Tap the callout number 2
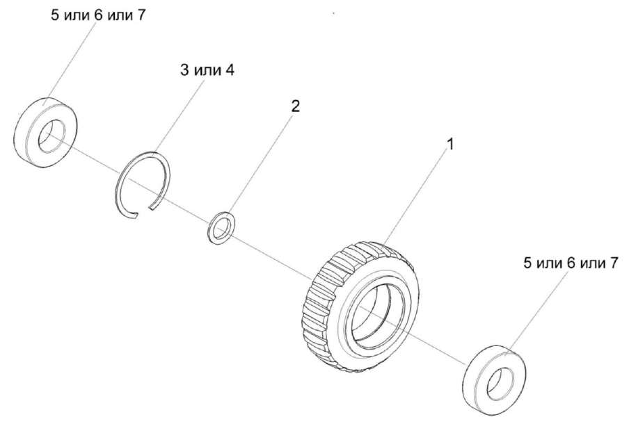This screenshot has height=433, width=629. point(295,106)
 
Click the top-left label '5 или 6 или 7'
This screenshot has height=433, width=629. point(98,15)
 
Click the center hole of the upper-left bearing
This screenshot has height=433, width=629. point(49,136)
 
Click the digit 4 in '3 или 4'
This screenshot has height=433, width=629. point(230,71)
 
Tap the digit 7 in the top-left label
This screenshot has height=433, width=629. point(143,15)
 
